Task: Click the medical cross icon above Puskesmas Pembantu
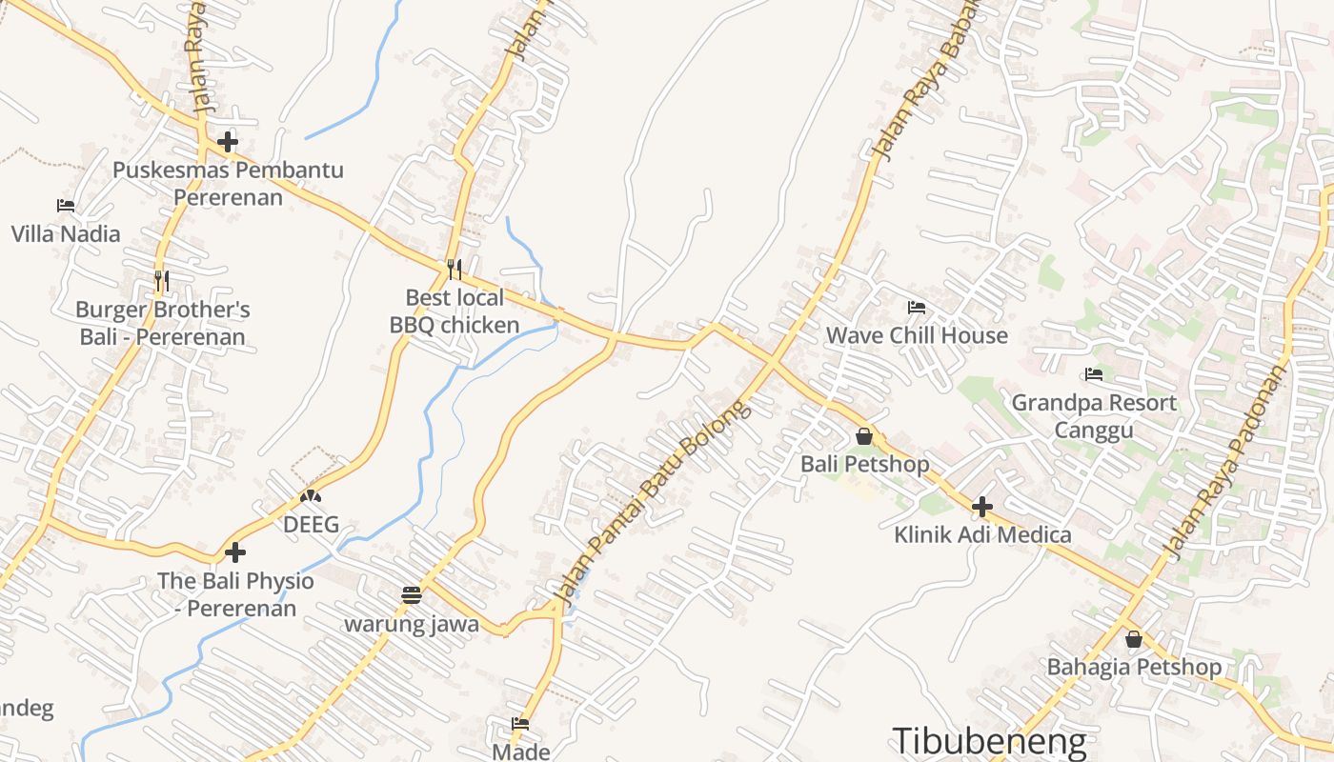click(x=227, y=143)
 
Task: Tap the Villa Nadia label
click(x=66, y=234)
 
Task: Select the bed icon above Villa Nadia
click(x=65, y=205)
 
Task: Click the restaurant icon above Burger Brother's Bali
click(x=162, y=281)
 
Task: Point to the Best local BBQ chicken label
click(x=455, y=311)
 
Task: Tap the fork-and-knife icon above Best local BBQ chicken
click(x=455, y=270)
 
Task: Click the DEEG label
click(x=311, y=525)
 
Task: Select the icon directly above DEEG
click(x=311, y=496)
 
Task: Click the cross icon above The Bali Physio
click(x=234, y=551)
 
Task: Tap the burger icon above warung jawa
click(x=412, y=596)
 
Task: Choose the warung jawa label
click(x=412, y=625)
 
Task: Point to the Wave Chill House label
click(x=917, y=335)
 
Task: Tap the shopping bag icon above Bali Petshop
click(x=864, y=436)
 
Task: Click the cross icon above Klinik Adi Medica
click(x=982, y=507)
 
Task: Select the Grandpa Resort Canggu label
click(x=1094, y=416)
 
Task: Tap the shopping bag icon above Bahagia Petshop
click(x=1134, y=639)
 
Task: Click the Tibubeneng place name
click(x=989, y=741)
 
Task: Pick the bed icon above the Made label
click(x=520, y=724)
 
